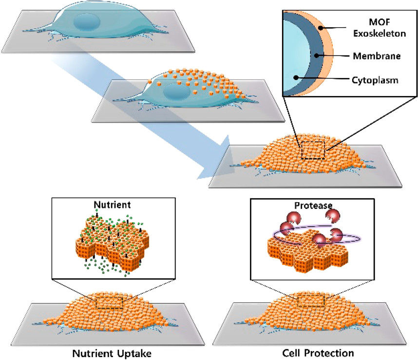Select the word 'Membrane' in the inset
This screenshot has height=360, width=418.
coord(377,56)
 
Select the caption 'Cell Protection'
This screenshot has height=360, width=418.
coord(312,352)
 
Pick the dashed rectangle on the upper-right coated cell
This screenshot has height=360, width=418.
coord(313,150)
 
